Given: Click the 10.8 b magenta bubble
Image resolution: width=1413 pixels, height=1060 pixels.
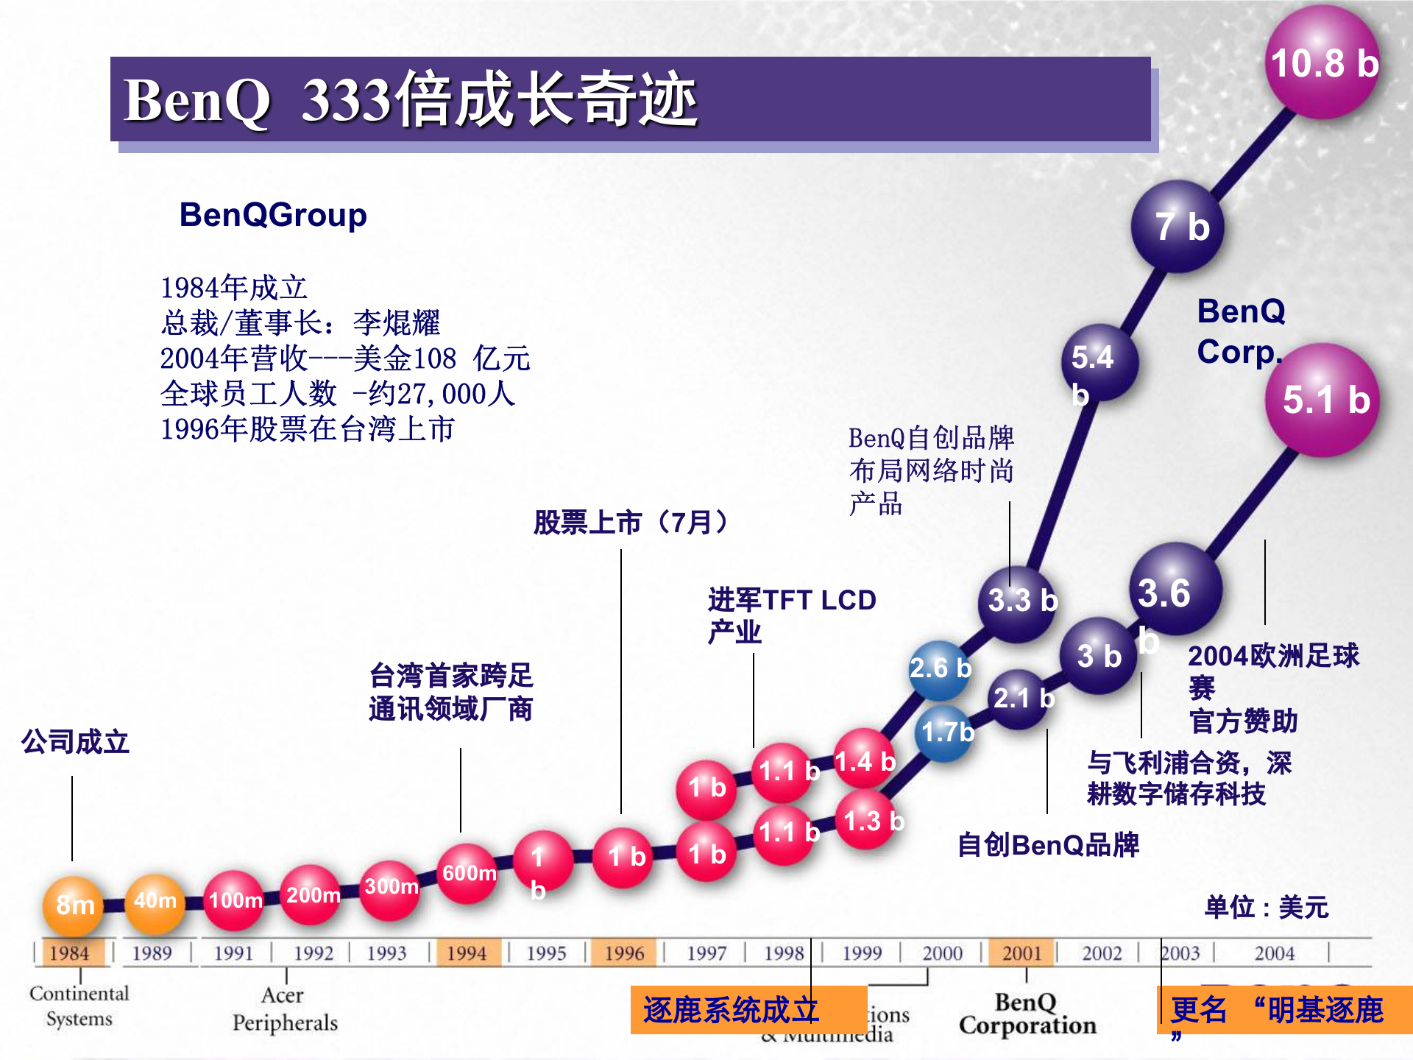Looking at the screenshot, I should tap(1323, 63).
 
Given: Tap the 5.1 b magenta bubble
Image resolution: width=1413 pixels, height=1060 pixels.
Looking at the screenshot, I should tap(1322, 400).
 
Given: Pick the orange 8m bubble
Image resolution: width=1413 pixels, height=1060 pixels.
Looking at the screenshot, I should tap(74, 905).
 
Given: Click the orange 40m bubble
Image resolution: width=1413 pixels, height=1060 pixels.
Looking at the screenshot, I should tap(155, 902).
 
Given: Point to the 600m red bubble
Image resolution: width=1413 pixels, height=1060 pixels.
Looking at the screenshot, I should tap(468, 874).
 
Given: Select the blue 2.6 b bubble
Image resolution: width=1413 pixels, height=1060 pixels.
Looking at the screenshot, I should tap(939, 669).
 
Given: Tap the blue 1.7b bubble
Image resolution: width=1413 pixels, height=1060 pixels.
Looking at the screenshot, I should tap(946, 732).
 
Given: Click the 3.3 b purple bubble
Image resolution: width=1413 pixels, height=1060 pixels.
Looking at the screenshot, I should tap(1019, 601).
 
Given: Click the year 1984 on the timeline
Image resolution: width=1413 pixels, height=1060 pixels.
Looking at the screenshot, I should tap(69, 953).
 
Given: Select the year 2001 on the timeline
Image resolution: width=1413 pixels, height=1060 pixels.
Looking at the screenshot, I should tap(1021, 953).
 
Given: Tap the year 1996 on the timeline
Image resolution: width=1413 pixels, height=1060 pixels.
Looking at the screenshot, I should tap(624, 953).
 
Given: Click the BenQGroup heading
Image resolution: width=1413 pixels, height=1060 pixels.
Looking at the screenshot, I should tap(273, 215).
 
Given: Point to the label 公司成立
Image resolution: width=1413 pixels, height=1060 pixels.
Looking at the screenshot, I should tap(75, 742).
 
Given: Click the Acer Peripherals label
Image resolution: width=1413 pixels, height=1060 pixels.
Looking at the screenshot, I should tap(285, 1008).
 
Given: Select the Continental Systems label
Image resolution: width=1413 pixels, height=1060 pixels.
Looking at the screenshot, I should tap(79, 1006).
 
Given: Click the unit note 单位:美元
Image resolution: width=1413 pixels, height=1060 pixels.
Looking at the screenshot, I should tap(1266, 907).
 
